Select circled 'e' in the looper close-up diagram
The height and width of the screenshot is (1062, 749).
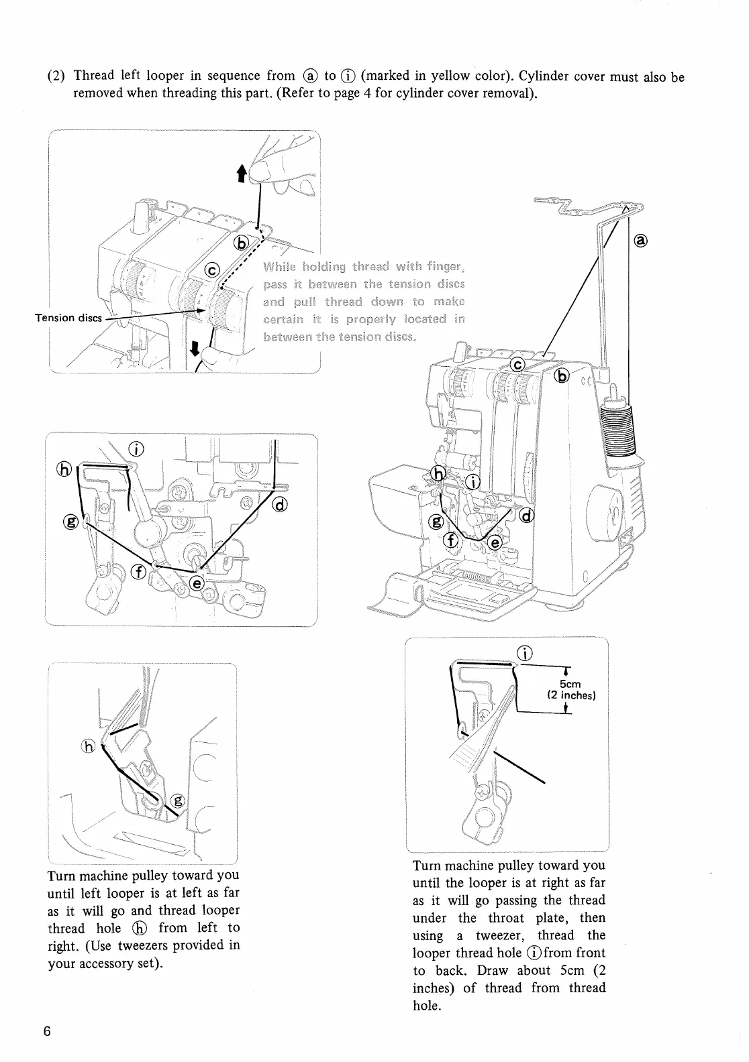pos(197,582)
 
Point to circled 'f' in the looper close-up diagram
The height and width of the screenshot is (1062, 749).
pos(140,571)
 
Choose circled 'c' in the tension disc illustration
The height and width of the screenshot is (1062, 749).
pos(212,271)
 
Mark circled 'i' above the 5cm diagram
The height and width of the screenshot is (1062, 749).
pos(526,652)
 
